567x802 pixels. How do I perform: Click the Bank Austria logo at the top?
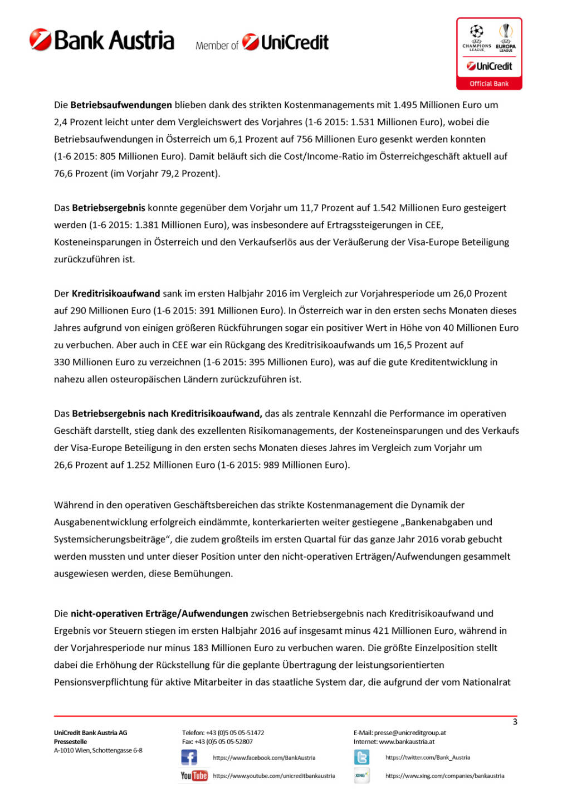(102, 40)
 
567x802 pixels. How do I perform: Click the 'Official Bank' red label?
(489, 84)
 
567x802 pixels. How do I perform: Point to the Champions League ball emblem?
(477, 31)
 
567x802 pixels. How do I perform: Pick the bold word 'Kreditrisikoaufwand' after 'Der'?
(116, 294)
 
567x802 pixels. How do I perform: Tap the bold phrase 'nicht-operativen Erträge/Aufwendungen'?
(159, 614)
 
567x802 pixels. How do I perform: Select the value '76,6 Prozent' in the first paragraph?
(81, 173)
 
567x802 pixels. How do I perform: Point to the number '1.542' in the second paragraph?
(384, 208)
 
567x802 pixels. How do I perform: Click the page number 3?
(515, 722)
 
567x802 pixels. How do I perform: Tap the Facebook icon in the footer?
(189, 757)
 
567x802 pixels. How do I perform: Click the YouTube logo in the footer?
(194, 776)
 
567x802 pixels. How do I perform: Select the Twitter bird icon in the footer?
(361, 757)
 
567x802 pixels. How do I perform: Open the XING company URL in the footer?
(444, 776)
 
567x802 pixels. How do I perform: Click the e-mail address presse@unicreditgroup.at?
(410, 733)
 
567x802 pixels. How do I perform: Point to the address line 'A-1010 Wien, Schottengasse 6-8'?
(98, 751)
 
